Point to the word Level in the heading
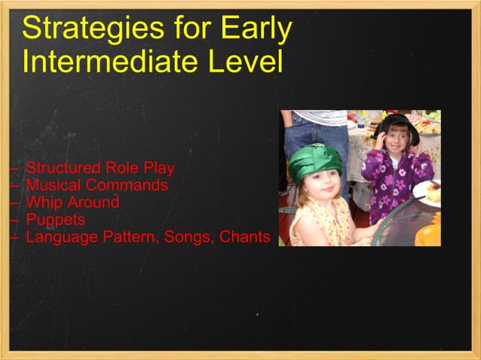[247, 61]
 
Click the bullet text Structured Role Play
[100, 168]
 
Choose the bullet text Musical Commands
[97, 185]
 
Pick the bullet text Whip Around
[72, 203]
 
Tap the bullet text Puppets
[55, 220]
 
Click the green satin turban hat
[315, 160]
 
